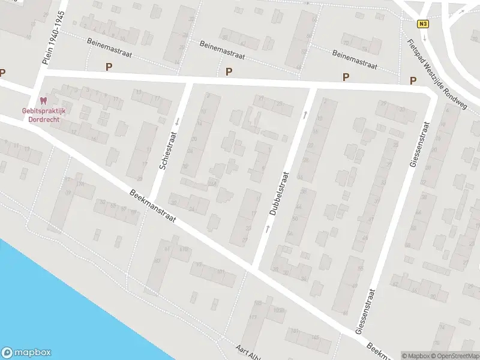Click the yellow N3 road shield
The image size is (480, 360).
pyautogui.click(x=424, y=23)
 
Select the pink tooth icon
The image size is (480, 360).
pyautogui.click(x=43, y=100)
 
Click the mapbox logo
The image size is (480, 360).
pyautogui.click(x=26, y=353)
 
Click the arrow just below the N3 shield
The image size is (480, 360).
pyautogui.click(x=424, y=37)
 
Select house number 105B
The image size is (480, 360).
pyautogui.click(x=277, y=311)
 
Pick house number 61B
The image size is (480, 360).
pyautogui.click(x=184, y=249)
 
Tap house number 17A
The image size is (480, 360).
pyautogui.click(x=80, y=184)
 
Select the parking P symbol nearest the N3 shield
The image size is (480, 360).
pyautogui.click(x=412, y=80)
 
